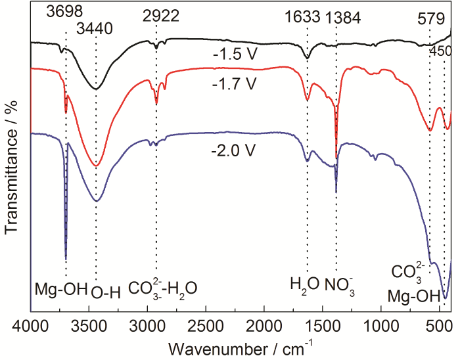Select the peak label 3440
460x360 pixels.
pos(96,28)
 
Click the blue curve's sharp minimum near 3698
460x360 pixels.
pos(66,258)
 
